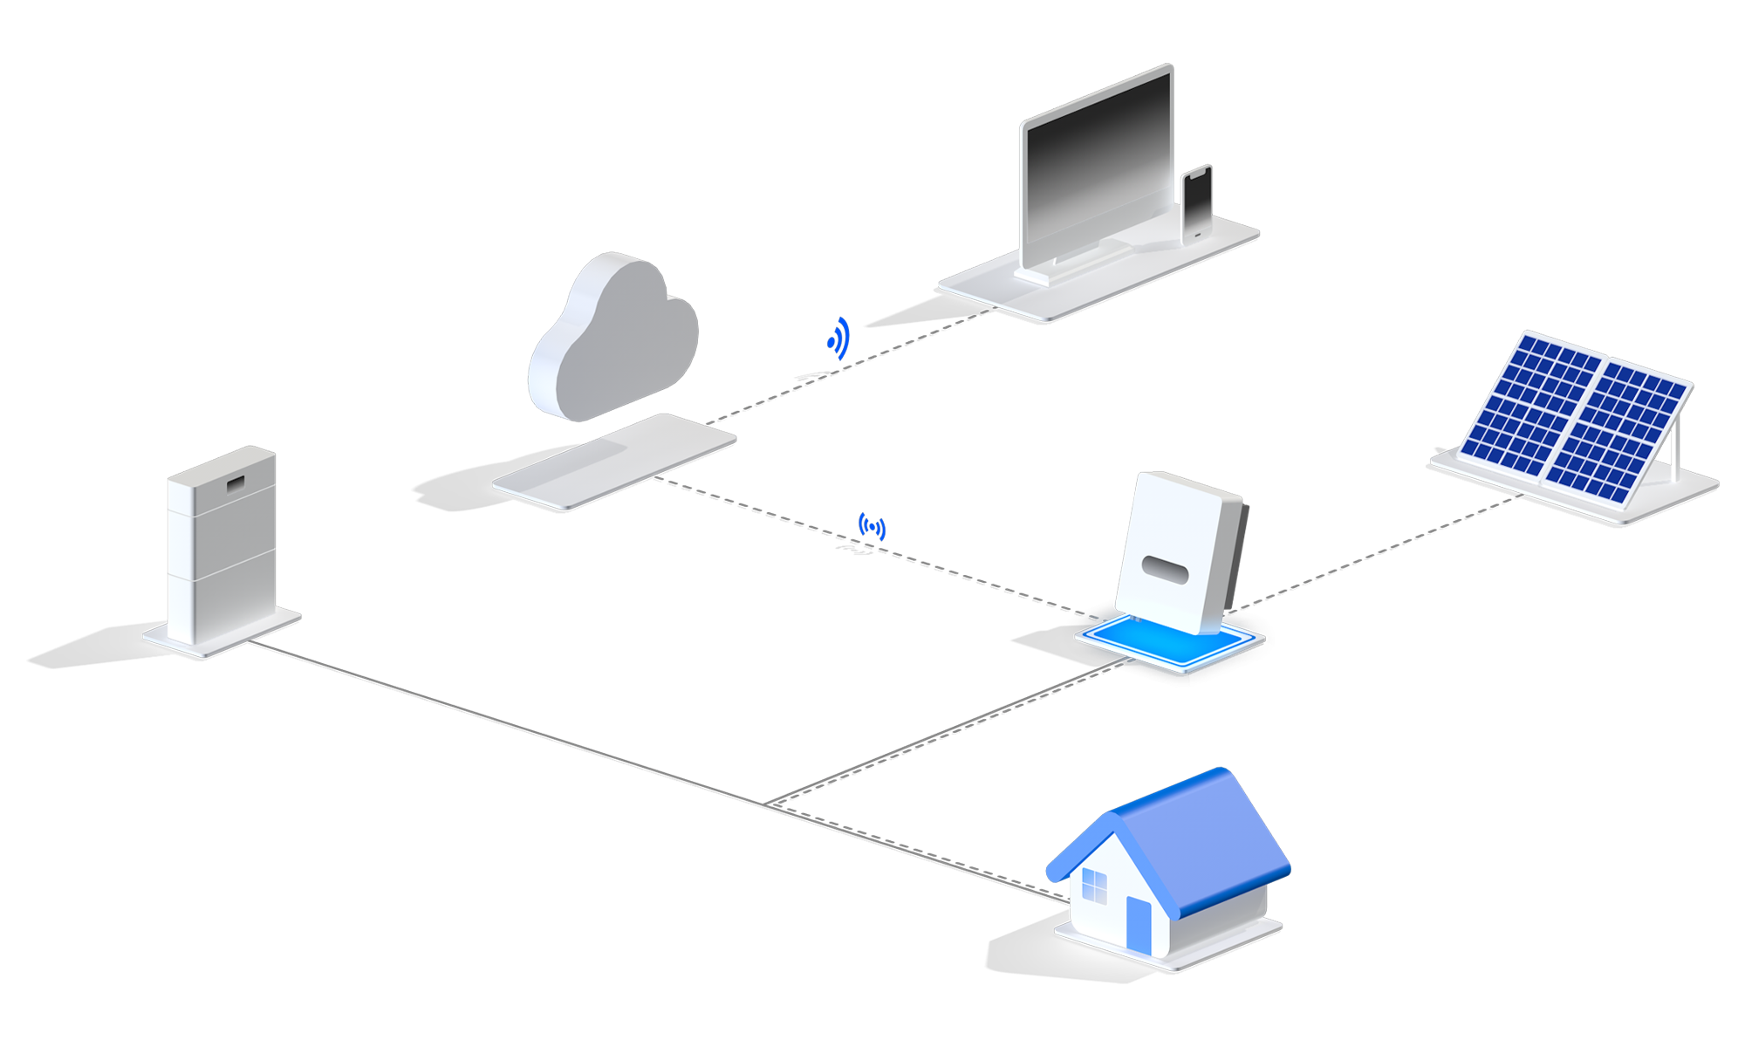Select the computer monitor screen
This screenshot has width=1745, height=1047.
(1097, 170)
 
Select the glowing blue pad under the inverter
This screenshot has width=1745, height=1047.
(1134, 641)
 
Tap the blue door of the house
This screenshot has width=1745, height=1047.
(1139, 925)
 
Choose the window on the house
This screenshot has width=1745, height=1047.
(1093, 888)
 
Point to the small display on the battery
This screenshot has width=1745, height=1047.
(236, 482)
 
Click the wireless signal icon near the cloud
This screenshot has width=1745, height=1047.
(838, 339)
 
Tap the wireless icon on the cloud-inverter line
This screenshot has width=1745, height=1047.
(872, 527)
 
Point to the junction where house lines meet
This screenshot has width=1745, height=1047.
(768, 804)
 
